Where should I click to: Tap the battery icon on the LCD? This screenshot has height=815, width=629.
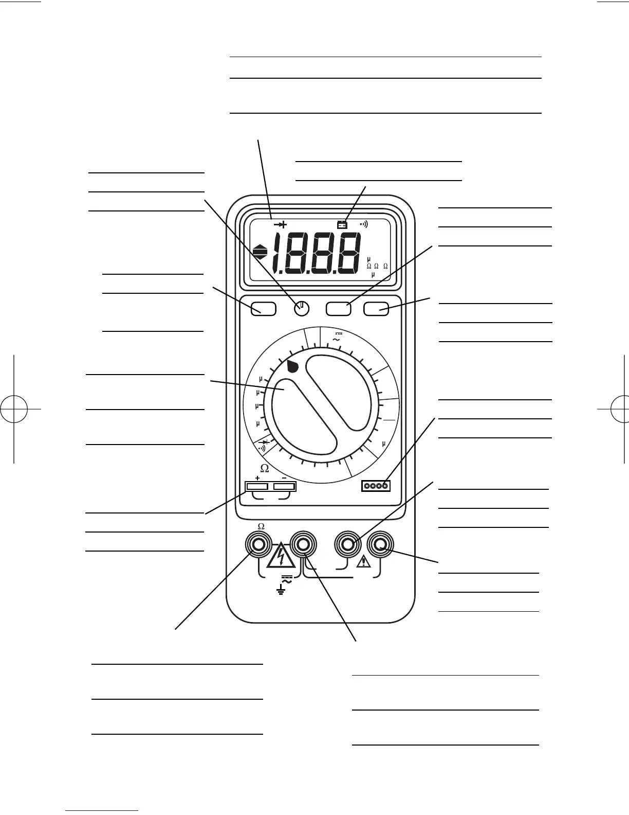click(342, 224)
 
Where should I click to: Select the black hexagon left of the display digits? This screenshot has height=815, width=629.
click(261, 253)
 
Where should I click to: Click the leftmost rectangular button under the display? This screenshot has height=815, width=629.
click(264, 309)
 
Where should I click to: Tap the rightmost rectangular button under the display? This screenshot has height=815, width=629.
click(376, 309)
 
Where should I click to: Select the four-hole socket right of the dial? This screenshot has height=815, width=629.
click(376, 486)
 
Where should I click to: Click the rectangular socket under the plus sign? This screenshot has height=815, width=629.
click(257, 486)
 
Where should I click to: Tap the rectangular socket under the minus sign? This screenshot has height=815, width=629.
click(285, 486)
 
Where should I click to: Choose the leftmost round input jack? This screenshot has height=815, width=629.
click(258, 544)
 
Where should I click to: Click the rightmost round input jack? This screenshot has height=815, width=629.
click(381, 544)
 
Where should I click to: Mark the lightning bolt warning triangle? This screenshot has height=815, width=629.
click(281, 556)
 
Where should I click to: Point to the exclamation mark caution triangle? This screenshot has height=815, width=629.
click(363, 561)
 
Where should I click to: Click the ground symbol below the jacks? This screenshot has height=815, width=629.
click(281, 591)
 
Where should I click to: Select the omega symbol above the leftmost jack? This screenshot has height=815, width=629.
click(261, 526)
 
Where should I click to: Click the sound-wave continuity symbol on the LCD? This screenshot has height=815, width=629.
click(364, 224)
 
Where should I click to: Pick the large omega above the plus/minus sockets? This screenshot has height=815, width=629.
click(264, 468)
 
